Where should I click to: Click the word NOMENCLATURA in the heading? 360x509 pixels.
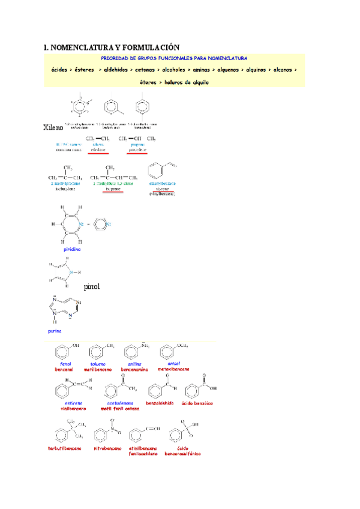83,47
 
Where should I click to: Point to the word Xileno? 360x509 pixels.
55,128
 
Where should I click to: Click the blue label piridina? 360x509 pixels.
72,248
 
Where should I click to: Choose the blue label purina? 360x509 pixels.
55,331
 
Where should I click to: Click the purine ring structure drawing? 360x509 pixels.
67,309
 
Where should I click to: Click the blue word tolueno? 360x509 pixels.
98,364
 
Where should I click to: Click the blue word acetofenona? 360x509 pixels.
119,403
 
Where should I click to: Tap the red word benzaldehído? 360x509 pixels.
160,403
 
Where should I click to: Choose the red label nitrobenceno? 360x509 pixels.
107,448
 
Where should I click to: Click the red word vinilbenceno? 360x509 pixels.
73,409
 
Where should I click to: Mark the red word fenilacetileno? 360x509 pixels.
143,454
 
